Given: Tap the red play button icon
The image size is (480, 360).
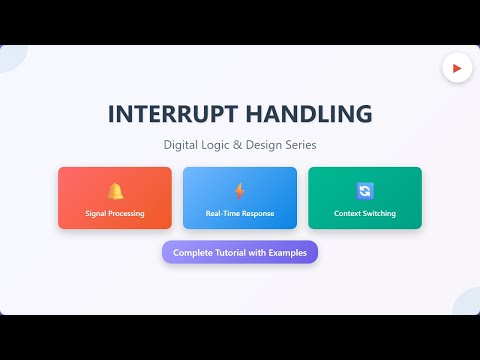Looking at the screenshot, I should click(x=457, y=68).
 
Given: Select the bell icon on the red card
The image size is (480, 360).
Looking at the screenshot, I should click(x=115, y=190).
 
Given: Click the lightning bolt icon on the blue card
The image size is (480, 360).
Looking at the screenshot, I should click(x=240, y=190).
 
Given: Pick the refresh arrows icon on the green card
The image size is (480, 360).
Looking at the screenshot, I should click(x=365, y=190).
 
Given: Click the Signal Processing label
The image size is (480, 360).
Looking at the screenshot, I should click(x=115, y=214).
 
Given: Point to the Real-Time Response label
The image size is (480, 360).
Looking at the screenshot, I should click(x=240, y=214).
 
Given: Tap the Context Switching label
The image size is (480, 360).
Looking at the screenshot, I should click(x=365, y=214).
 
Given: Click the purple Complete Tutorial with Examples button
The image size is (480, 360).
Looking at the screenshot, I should click(x=240, y=253).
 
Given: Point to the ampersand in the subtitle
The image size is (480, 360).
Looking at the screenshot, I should click(x=237, y=145).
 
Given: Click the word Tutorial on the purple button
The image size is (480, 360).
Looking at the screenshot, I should click(x=230, y=253).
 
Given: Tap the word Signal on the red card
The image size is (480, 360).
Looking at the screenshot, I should click(x=96, y=214).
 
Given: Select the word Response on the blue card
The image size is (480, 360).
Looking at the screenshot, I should click(x=257, y=214).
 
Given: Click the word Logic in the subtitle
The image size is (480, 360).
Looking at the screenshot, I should click(x=217, y=145).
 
